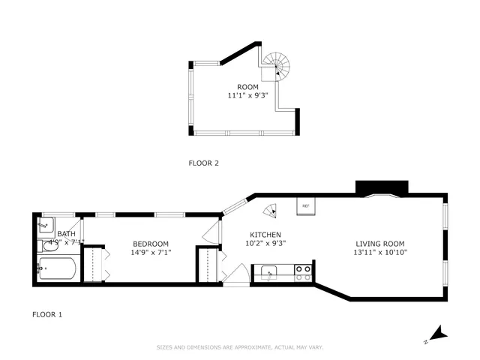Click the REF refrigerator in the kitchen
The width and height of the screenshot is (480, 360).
coord(305,206)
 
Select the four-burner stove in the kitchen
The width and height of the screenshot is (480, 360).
coord(303,273)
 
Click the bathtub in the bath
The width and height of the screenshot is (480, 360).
coord(57,269)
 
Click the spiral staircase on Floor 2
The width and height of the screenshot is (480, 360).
coord(277,67)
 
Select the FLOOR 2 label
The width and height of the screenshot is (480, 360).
coord(203,163)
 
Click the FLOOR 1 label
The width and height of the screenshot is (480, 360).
coord(46,314)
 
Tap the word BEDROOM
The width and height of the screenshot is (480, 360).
coord(151,243)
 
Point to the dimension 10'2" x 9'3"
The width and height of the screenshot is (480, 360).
coord(266,243)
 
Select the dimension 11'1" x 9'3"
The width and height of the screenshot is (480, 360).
coord(247,96)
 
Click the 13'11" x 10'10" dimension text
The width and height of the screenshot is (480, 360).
coord(379,252)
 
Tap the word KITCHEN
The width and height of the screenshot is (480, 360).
coord(265,234)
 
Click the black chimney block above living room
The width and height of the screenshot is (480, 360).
coord(381,187)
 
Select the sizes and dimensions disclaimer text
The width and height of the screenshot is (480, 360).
coord(239,347)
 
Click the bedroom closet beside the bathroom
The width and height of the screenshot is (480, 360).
coord(94,265)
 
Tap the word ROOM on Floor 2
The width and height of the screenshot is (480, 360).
coord(247,87)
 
